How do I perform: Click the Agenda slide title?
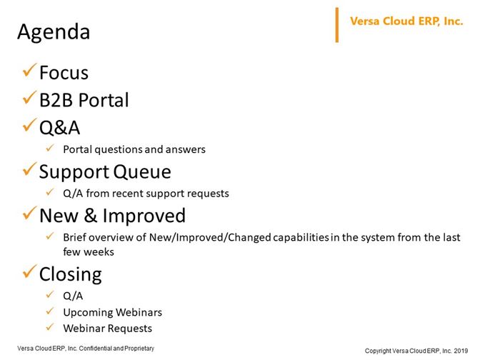[54, 32]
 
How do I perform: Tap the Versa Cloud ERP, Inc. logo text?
[406, 21]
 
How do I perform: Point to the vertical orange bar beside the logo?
[337, 25]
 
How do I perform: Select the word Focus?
[64, 73]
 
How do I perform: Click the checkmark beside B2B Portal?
[30, 98]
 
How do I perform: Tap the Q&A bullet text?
[60, 128]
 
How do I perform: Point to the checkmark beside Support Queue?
[30, 169]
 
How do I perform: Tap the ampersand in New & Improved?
[90, 216]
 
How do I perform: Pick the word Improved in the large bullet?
[144, 216]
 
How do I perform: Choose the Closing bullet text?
[71, 274]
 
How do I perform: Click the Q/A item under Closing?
[73, 296]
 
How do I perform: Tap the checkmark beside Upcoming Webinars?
[50, 311]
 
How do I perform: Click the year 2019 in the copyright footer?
[461, 351]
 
